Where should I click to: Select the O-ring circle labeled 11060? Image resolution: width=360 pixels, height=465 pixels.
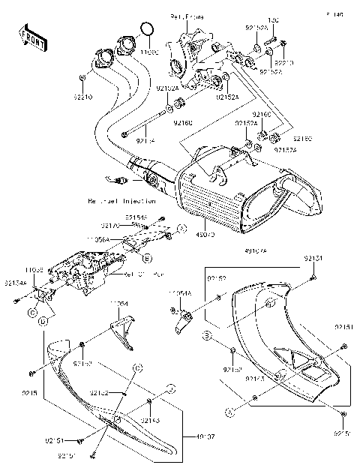[147, 30]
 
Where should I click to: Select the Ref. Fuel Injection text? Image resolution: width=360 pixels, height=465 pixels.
[121, 201]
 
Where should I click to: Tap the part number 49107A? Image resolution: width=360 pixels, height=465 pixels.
[256, 250]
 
